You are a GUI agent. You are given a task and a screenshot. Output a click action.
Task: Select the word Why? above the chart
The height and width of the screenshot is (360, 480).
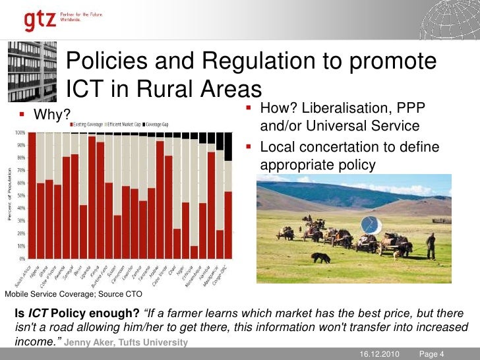point(52,115)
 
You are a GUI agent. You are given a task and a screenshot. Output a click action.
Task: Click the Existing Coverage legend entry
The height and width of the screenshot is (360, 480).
point(88,124)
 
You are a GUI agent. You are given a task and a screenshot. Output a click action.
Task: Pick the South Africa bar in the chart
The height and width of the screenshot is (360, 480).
point(32,195)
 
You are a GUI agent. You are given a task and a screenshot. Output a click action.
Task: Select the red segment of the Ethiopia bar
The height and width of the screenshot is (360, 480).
point(195,252)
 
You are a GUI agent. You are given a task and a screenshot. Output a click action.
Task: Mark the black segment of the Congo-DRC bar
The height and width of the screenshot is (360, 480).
point(228,146)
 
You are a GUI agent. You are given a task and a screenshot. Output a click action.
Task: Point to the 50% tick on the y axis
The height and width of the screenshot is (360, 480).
point(21,196)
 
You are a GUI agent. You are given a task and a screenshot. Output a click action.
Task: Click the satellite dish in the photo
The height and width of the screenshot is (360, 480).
point(371,224)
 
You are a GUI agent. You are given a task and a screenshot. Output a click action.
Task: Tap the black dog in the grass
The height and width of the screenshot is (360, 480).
point(320,257)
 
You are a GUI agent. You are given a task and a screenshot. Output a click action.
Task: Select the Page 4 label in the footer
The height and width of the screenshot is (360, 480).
point(433,355)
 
